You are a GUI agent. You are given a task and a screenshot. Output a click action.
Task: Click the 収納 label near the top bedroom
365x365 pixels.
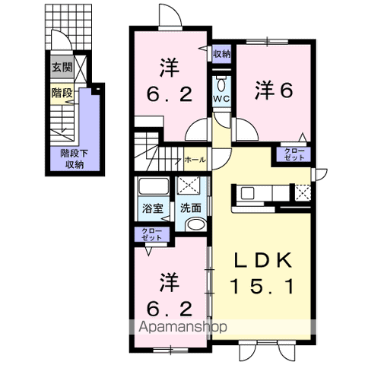(x=221, y=53)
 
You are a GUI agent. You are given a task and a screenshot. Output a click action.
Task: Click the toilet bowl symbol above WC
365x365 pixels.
(x=221, y=82)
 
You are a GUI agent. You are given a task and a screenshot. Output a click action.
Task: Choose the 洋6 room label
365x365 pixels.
(x=272, y=90)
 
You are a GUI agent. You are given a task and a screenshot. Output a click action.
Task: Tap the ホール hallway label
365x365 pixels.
(x=194, y=161)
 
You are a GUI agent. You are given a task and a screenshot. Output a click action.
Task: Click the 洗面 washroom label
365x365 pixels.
(x=189, y=207)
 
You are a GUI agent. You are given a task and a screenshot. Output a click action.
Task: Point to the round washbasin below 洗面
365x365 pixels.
(x=194, y=225)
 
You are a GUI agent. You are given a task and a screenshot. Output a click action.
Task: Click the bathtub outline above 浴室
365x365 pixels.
(x=154, y=187)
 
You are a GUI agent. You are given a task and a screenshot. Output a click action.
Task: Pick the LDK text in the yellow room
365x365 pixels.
(x=261, y=259)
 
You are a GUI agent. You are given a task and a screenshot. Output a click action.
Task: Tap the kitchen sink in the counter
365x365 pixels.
(x=249, y=193)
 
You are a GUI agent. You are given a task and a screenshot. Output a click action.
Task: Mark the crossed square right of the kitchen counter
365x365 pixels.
(x=302, y=192)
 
